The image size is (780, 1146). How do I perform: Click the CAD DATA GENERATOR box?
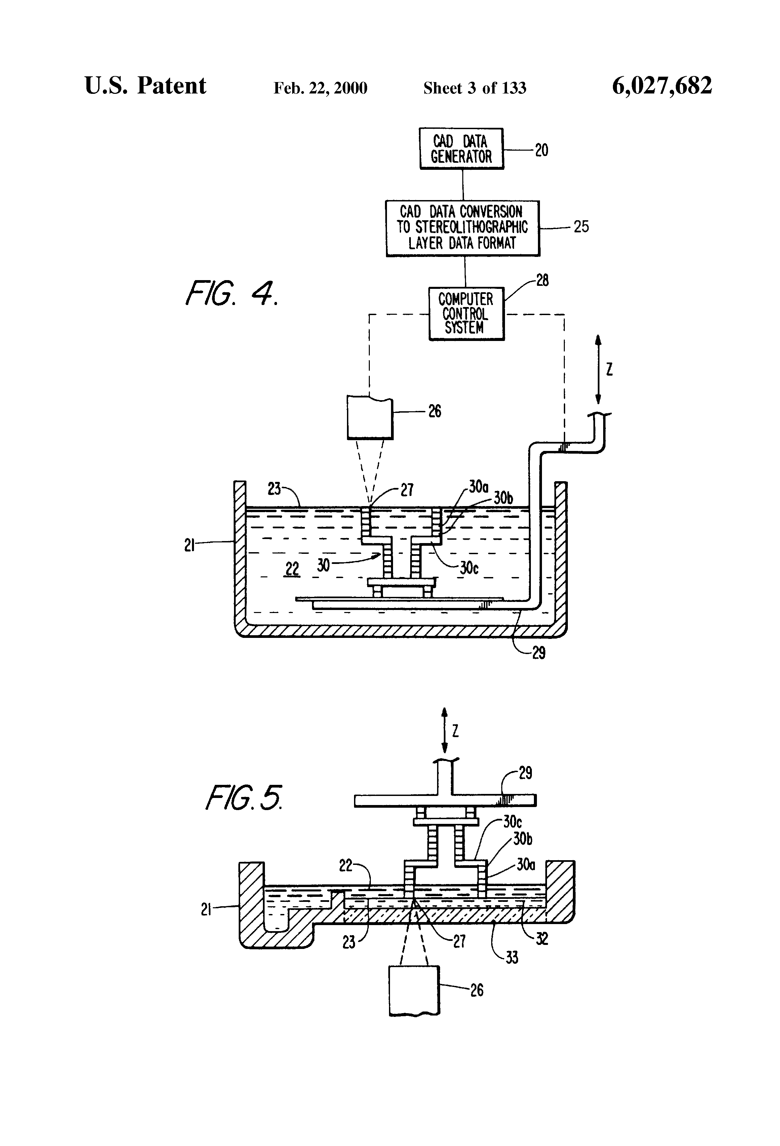pos(462,148)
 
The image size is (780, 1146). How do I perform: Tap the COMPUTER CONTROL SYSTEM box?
pos(466,314)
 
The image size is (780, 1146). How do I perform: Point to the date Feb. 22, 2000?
pos(320,88)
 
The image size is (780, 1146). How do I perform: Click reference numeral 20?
pos(541,150)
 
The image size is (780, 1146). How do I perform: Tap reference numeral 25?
pos(581,227)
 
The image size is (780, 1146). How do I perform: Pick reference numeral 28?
pos(542,280)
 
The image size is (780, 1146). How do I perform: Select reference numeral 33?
pos(512,958)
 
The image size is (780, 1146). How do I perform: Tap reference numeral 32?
pos(542,939)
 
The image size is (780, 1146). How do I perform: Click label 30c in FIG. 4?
pos(469,568)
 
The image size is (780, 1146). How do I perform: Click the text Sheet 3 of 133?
pos(475,88)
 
